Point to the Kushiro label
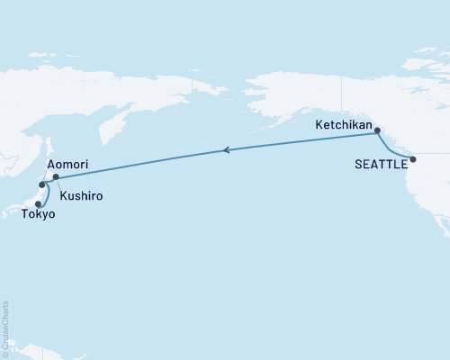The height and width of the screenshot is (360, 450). click(80, 195)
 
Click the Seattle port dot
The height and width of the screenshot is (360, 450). click(413, 160)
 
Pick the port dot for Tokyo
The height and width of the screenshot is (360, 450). click(38, 204)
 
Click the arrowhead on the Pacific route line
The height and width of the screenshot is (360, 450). click(226, 151)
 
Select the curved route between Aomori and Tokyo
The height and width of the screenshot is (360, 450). click(46, 195)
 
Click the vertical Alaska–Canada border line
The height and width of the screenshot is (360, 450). click(342, 99)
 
